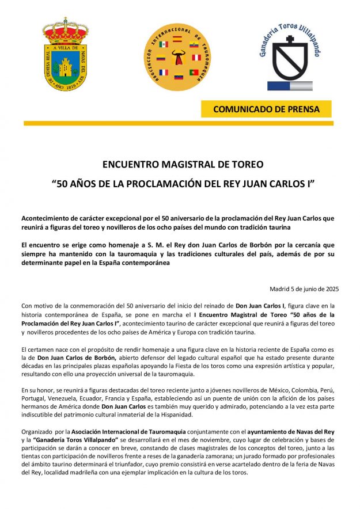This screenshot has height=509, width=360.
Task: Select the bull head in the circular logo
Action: click(x=178, y=58)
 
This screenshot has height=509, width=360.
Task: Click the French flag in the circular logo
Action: click(x=163, y=72)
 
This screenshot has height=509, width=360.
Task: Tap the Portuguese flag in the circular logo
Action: click(x=194, y=72)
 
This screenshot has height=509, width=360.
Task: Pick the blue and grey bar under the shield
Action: click(x=288, y=86)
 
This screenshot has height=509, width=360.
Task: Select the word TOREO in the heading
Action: click(x=247, y=165)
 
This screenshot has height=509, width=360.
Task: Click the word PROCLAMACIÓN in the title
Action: click(x=164, y=184)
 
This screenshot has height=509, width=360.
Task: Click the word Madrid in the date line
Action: click(x=280, y=289)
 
